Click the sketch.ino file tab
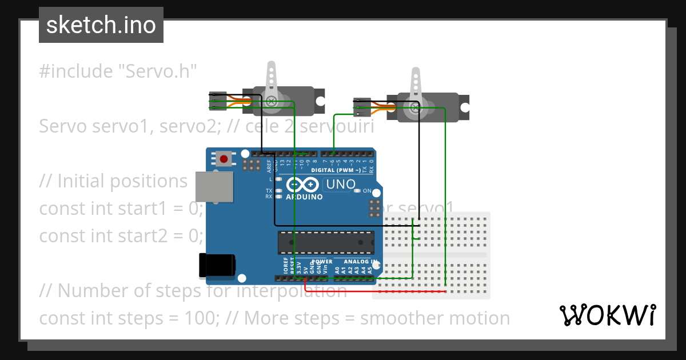101,25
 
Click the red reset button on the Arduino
224,158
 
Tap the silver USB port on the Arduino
214,187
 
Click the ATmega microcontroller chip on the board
326,242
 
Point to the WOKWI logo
607,315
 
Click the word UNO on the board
340,185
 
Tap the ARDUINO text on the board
304,197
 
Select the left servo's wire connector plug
218,101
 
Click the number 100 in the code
201,318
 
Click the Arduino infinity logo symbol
302,185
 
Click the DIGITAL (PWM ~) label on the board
336,170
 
